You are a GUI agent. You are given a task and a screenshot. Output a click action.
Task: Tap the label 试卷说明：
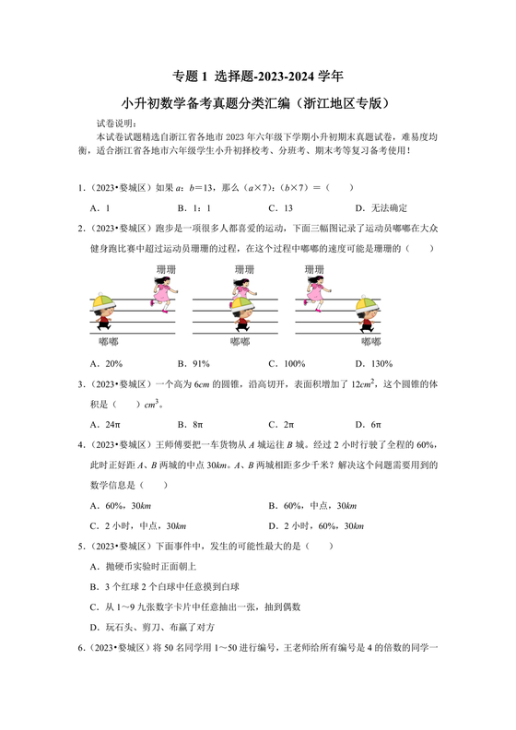[117, 123]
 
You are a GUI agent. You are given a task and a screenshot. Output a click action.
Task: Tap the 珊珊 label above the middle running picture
[243, 269]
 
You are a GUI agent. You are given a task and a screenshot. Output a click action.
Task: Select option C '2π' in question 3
[281, 424]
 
